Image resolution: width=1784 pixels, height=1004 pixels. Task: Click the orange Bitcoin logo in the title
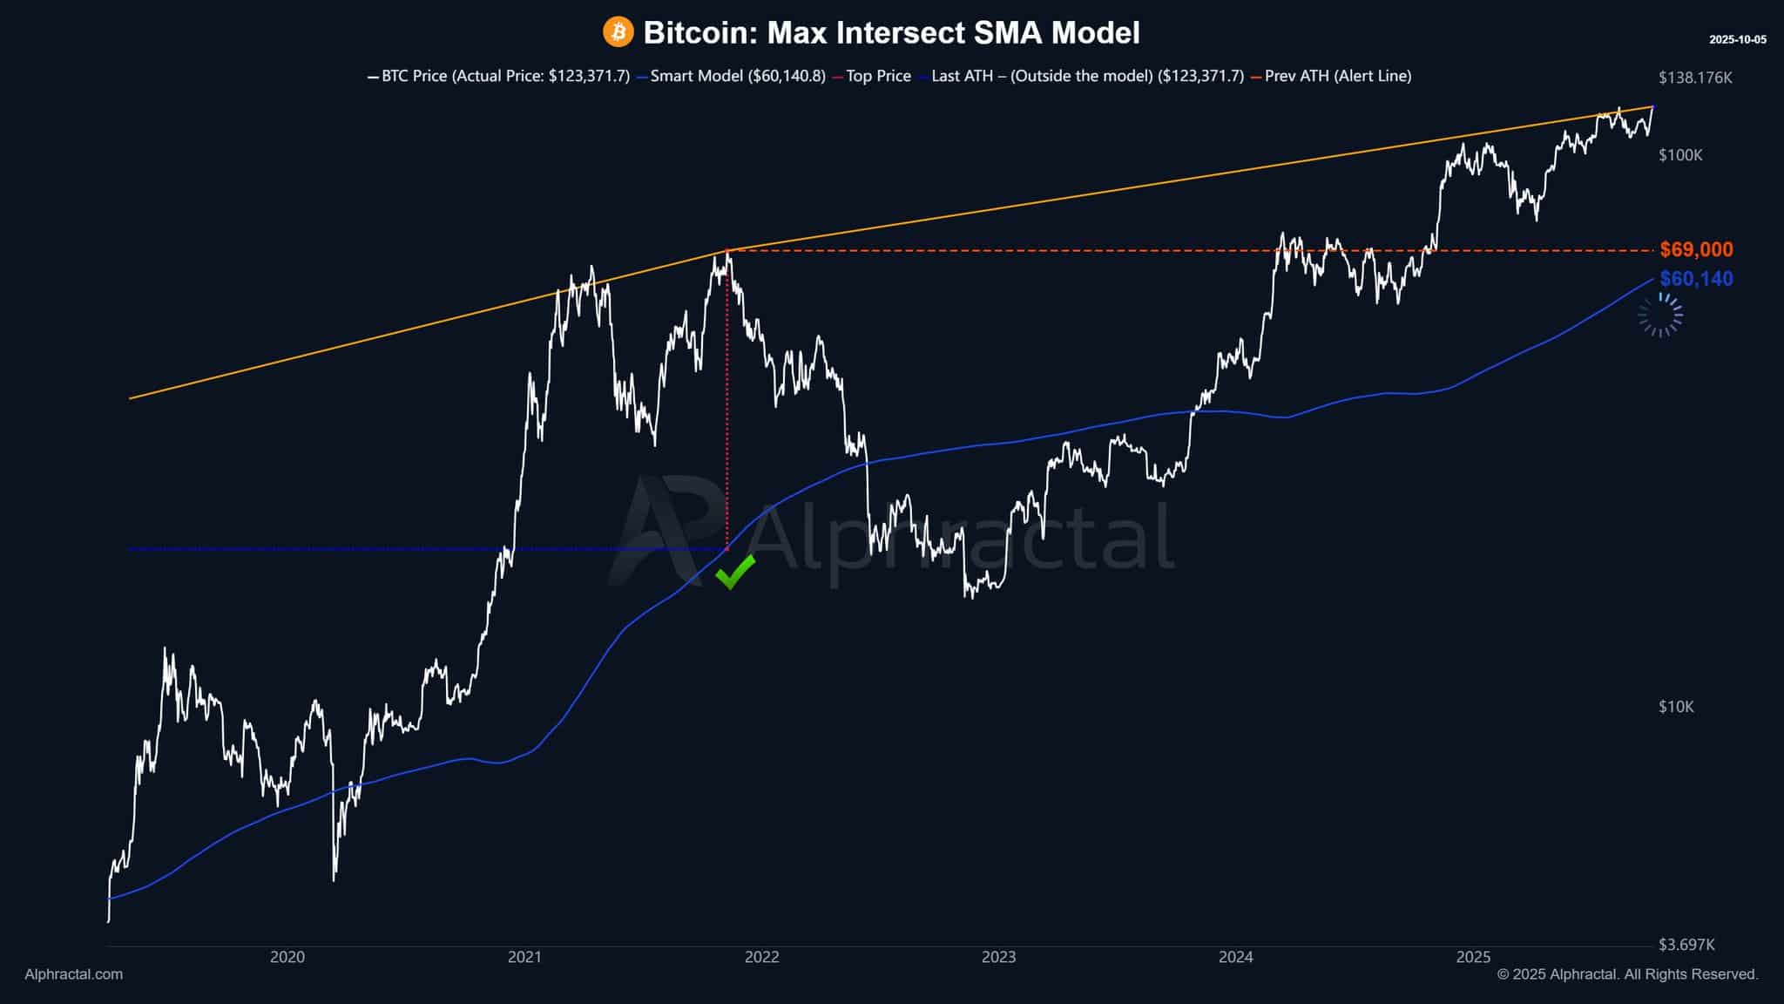point(618,33)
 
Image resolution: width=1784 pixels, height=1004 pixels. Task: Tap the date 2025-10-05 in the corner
point(1737,40)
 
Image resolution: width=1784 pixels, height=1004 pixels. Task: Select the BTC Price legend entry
point(498,76)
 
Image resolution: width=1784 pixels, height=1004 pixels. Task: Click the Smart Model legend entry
point(732,76)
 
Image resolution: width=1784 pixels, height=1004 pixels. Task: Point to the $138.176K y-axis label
point(1695,78)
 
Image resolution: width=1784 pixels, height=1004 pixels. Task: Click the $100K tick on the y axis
point(1680,155)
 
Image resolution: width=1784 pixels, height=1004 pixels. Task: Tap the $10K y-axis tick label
point(1676,707)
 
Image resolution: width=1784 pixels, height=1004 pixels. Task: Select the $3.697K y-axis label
point(1686,945)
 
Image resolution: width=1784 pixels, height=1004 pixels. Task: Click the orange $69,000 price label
point(1696,250)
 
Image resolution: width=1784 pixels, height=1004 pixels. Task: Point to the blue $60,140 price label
point(1696,279)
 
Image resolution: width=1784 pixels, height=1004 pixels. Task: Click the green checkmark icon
point(734,572)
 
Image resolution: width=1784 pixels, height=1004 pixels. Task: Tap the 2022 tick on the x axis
point(761,957)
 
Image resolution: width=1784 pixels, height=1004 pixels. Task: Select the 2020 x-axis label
point(287,957)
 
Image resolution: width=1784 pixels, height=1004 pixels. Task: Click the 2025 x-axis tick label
point(1473,957)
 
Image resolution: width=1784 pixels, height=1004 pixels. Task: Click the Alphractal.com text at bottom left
point(73,974)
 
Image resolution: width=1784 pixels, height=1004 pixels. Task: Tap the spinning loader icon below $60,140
point(1660,315)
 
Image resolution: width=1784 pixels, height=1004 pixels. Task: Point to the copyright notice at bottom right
point(1627,974)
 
